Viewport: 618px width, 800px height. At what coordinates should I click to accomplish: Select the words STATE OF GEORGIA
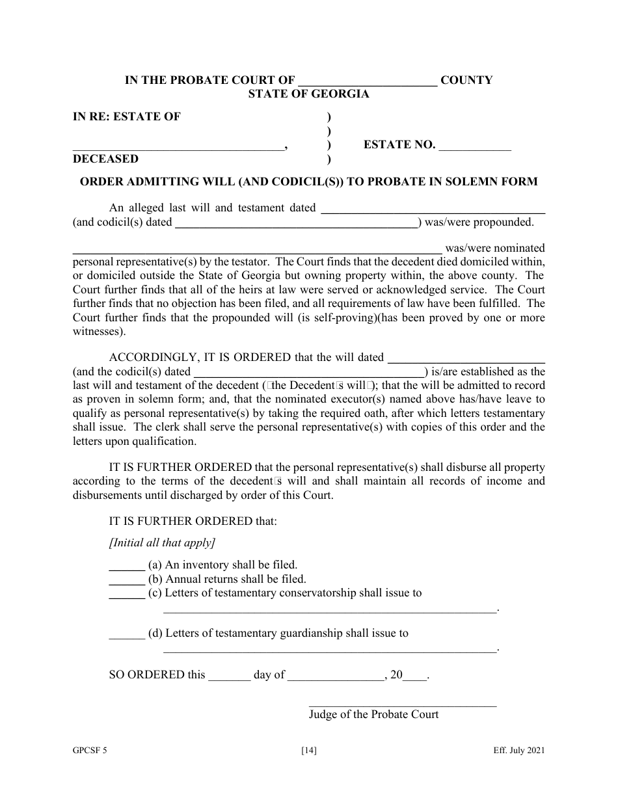click(308, 94)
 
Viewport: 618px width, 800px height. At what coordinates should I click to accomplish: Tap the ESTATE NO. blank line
click(475, 147)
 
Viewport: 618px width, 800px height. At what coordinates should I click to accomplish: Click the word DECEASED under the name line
click(105, 159)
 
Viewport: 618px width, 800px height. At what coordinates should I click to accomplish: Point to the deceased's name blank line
click(178, 147)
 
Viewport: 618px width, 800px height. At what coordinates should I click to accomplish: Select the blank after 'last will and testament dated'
click(433, 209)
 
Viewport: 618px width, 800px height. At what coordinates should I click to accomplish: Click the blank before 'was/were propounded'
click(297, 224)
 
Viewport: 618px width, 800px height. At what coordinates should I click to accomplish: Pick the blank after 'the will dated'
click(466, 358)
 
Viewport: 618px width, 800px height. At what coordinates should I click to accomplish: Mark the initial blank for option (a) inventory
click(126, 566)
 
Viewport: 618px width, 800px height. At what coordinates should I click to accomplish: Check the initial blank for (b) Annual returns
click(126, 580)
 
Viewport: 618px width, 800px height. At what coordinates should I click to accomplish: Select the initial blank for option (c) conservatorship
click(126, 594)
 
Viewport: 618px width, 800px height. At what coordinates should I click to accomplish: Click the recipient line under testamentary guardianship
click(329, 648)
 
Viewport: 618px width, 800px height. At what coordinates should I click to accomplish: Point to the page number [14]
click(309, 751)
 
